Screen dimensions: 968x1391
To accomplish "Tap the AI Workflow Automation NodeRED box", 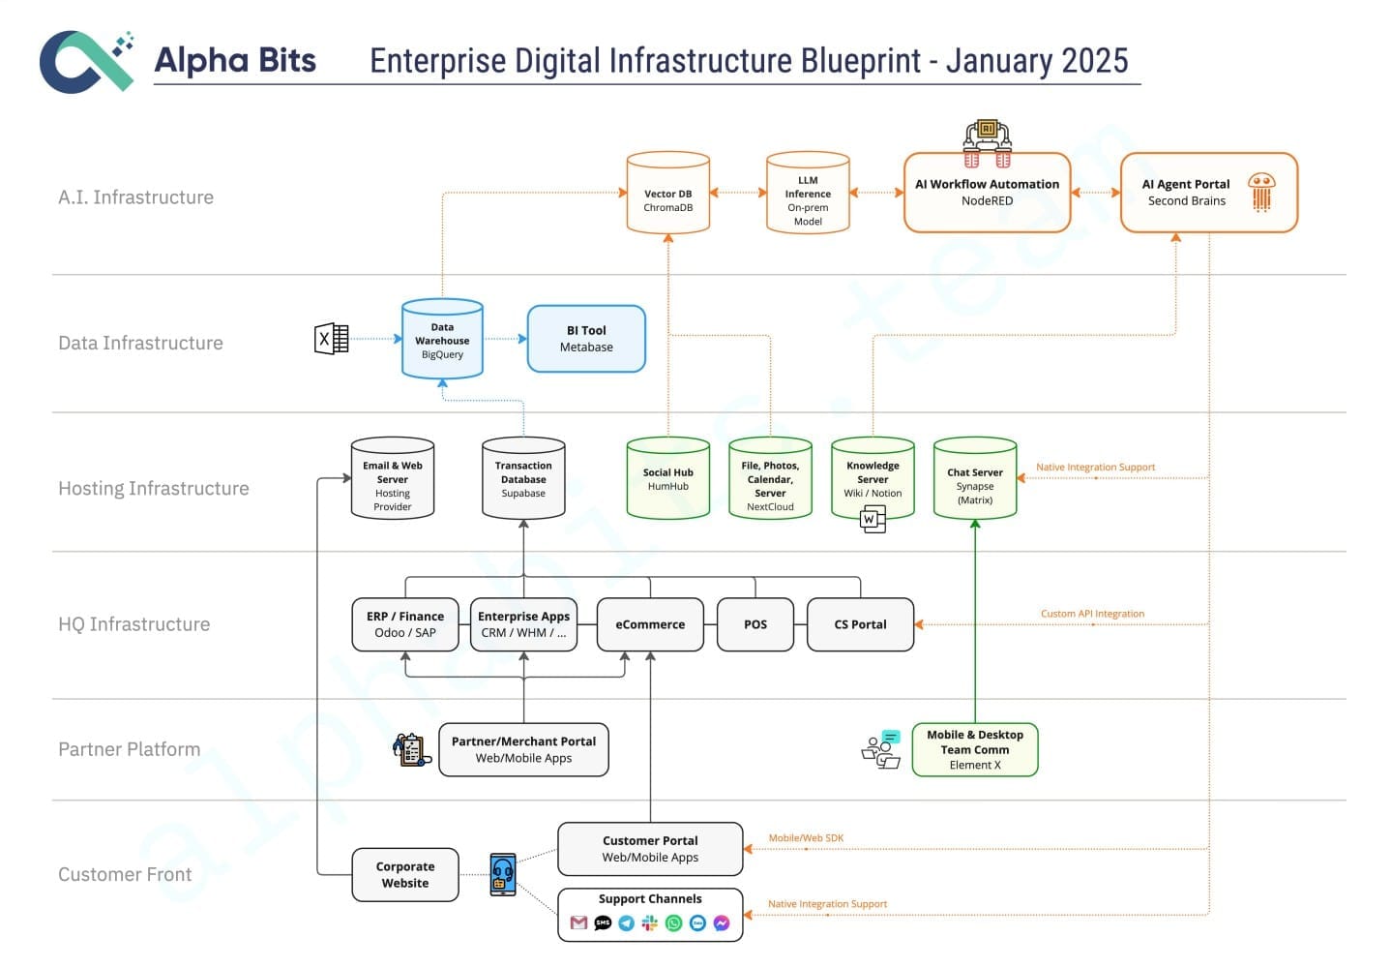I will coord(987,193).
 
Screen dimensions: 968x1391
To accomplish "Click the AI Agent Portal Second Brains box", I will coord(1208,193).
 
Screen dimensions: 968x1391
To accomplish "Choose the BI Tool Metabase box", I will coord(586,339).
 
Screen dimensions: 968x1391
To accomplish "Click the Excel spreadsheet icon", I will coord(332,339).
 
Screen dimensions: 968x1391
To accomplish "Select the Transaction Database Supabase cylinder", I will coord(523,478).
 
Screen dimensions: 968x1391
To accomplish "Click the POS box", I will coord(755,624).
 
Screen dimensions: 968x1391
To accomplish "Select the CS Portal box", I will coord(860,624).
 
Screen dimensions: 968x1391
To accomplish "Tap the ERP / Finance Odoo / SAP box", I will coord(405,624).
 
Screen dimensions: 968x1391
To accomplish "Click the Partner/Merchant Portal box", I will coord(523,749).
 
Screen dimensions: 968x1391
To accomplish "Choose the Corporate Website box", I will coord(404,874).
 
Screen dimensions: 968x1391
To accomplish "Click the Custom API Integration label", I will coord(1092,614).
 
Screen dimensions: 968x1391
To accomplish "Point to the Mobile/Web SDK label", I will coord(806,838).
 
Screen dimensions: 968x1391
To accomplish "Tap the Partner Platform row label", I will coord(130,749).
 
